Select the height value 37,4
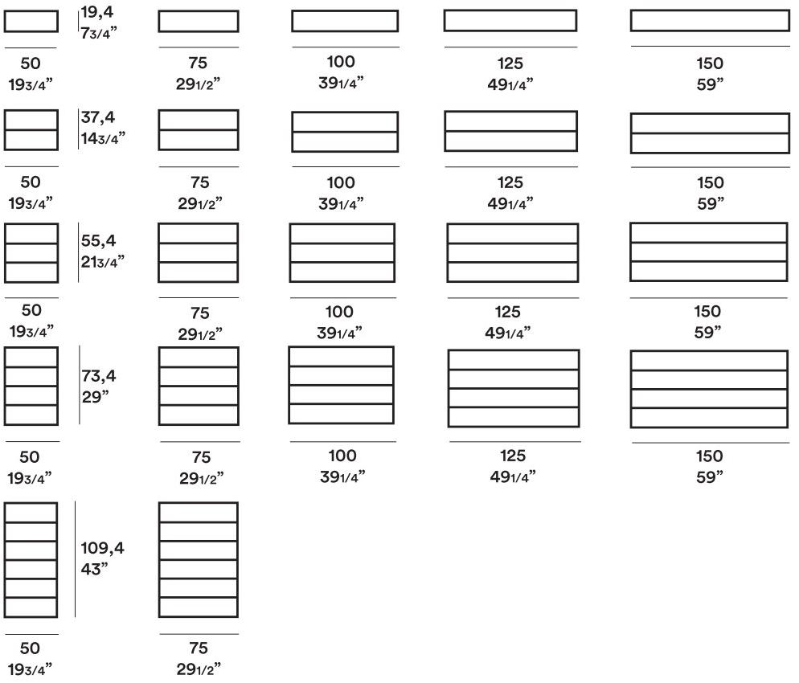coord(98,118)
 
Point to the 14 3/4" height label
coord(103,138)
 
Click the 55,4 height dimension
coord(98,240)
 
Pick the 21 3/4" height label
coord(103,261)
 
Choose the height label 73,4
coord(98,375)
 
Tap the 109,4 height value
coord(103,549)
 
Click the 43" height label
coord(94,569)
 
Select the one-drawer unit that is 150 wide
coord(709,21)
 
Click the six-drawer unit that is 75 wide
coord(199,559)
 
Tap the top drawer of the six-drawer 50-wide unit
coord(31,513)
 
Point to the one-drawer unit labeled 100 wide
coord(345,21)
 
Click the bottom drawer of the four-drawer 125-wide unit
coord(513,417)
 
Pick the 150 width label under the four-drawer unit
coord(709,456)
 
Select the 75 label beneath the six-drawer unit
coord(199,648)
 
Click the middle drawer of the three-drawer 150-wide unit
coord(708,252)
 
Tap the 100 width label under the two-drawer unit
coord(341,182)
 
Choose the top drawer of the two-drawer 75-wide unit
coord(199,119)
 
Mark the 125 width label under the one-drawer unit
coord(509,63)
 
